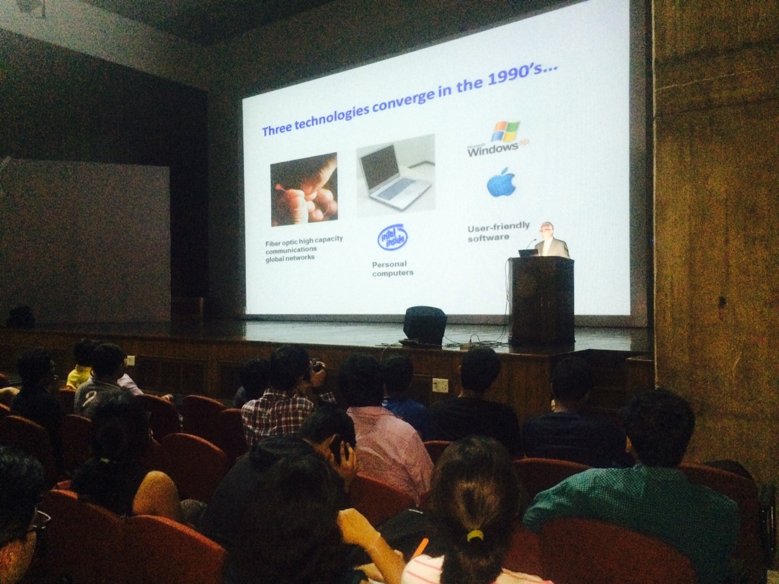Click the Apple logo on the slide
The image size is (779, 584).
pyautogui.click(x=501, y=182)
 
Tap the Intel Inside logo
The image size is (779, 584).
pyautogui.click(x=392, y=237)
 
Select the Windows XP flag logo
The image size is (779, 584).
pyautogui.click(x=505, y=131)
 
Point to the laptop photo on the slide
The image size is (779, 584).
pyautogui.click(x=396, y=176)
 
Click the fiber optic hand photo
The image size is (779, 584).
pyautogui.click(x=304, y=189)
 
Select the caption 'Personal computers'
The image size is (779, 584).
pyautogui.click(x=393, y=268)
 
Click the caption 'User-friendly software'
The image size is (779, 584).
pyautogui.click(x=498, y=232)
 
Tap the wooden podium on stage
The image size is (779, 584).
pyautogui.click(x=541, y=300)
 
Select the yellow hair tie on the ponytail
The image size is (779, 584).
pyautogui.click(x=475, y=535)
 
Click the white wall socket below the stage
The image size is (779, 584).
pyautogui.click(x=440, y=384)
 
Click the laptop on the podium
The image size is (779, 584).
pyautogui.click(x=528, y=253)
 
